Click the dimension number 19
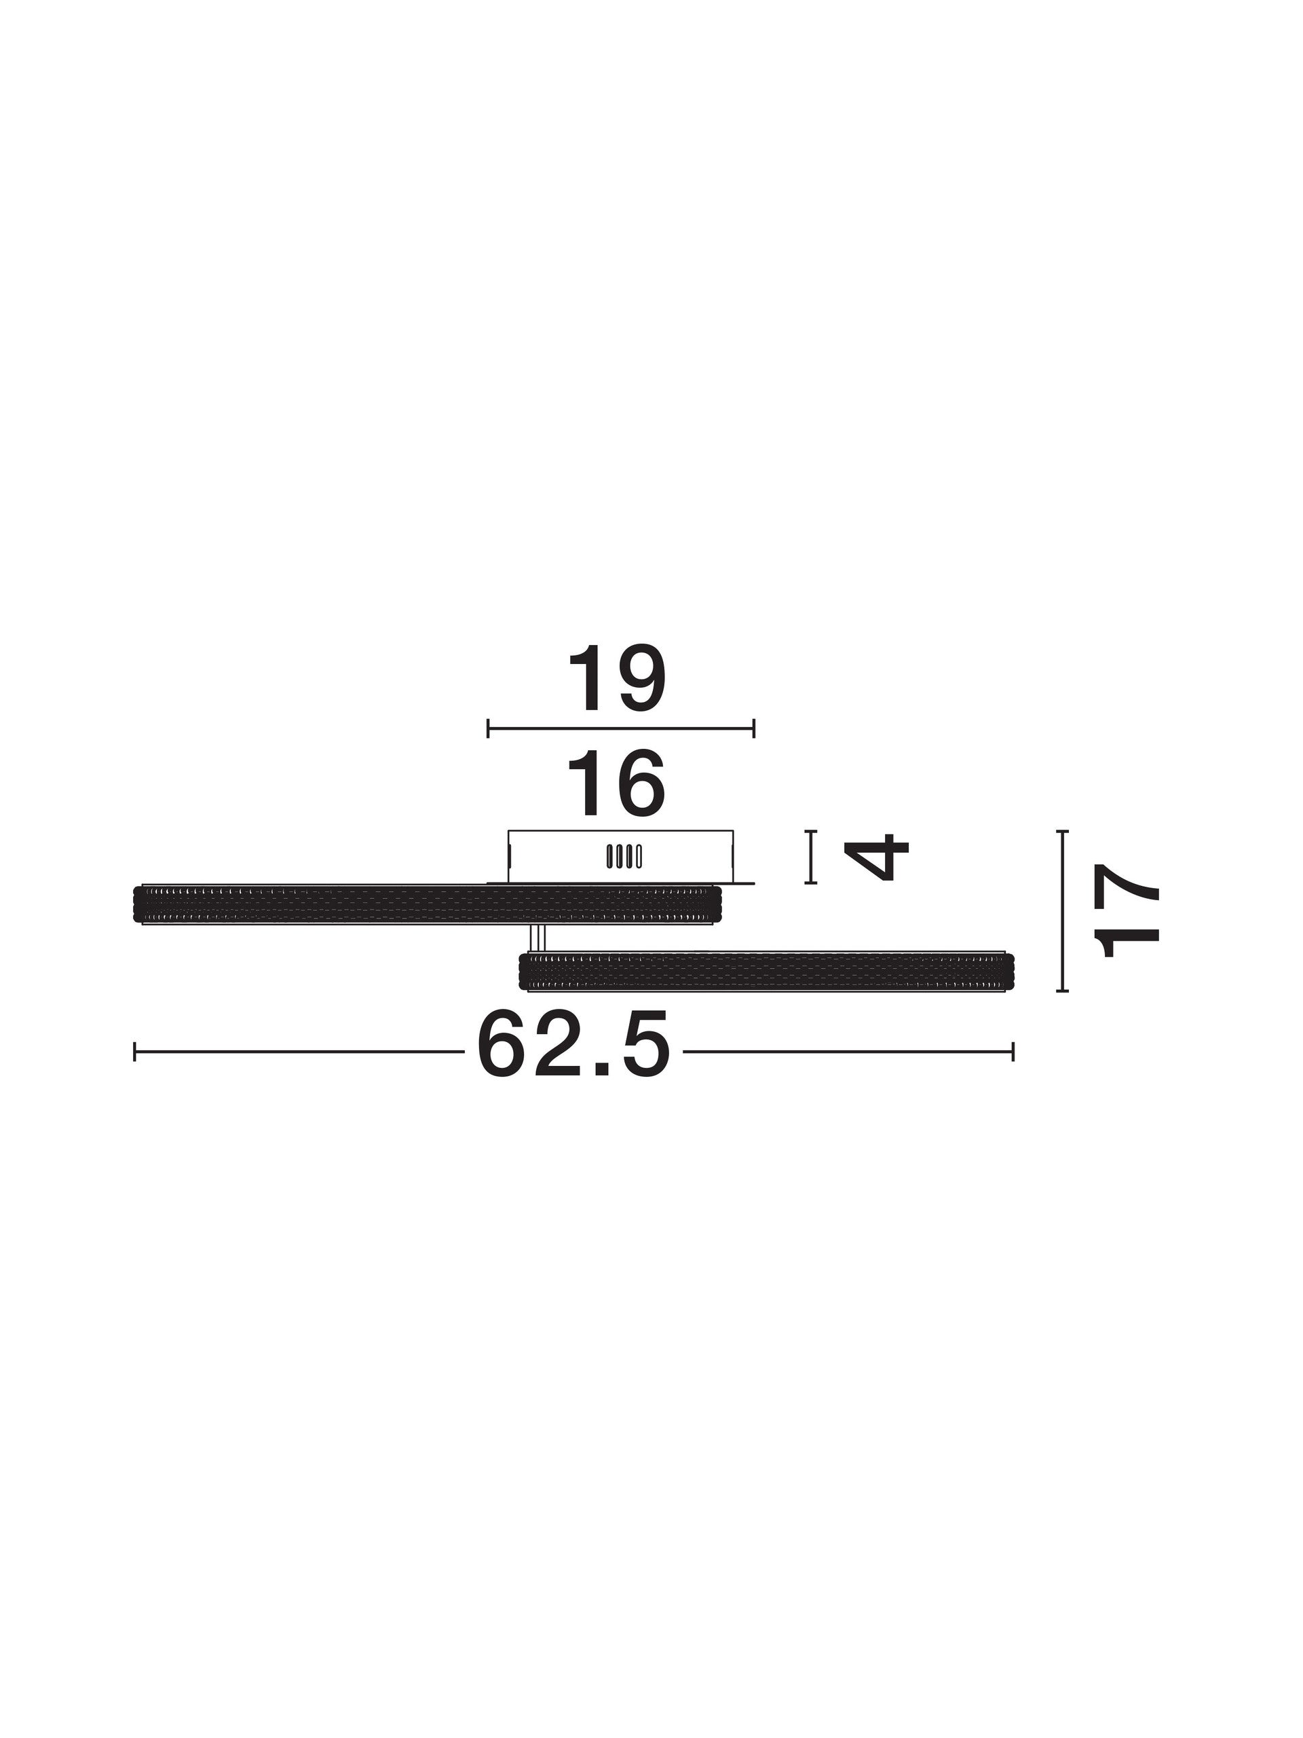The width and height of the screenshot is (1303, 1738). point(616,679)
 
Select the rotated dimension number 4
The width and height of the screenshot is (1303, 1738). point(880,857)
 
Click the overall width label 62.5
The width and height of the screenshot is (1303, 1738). point(573,1045)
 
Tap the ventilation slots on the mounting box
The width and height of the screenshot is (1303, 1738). point(624,856)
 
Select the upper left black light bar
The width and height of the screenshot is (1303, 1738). point(428,904)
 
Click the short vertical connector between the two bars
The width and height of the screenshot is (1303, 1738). point(538,938)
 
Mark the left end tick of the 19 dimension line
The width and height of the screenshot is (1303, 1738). point(488,728)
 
